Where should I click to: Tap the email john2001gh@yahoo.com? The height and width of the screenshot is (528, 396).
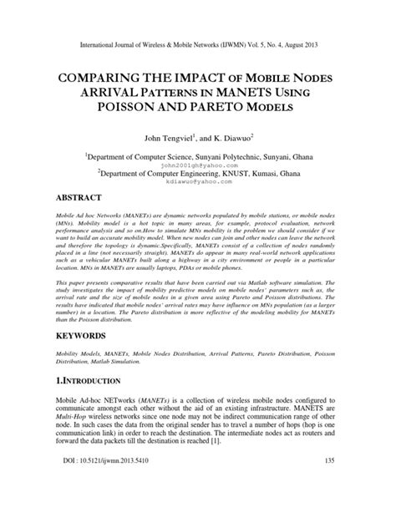pyautogui.click(x=199, y=165)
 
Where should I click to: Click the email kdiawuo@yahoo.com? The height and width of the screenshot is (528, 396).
pyautogui.click(x=199, y=184)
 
